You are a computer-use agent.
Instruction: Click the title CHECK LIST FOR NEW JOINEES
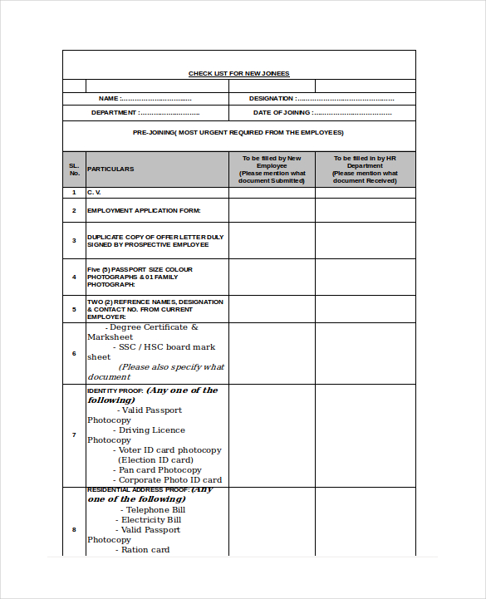[x=238, y=74]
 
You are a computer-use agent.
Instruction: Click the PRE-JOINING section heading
[x=238, y=132]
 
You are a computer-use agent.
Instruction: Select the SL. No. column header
[x=74, y=169]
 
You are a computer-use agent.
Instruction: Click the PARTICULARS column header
[x=110, y=169]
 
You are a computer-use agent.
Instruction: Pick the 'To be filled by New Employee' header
[x=272, y=169]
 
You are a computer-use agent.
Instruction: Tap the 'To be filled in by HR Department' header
[x=365, y=169]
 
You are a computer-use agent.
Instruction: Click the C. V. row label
[x=94, y=192]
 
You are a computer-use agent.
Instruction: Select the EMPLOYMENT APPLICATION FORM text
[x=144, y=210]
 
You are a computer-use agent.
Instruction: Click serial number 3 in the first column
[x=74, y=240]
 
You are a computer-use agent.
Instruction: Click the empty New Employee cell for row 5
[x=272, y=309]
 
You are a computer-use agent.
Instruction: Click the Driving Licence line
[x=151, y=430]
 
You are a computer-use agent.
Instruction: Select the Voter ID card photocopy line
[x=169, y=450]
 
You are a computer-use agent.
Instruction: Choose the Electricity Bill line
[x=151, y=520]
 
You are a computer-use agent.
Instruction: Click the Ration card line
[x=145, y=550]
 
